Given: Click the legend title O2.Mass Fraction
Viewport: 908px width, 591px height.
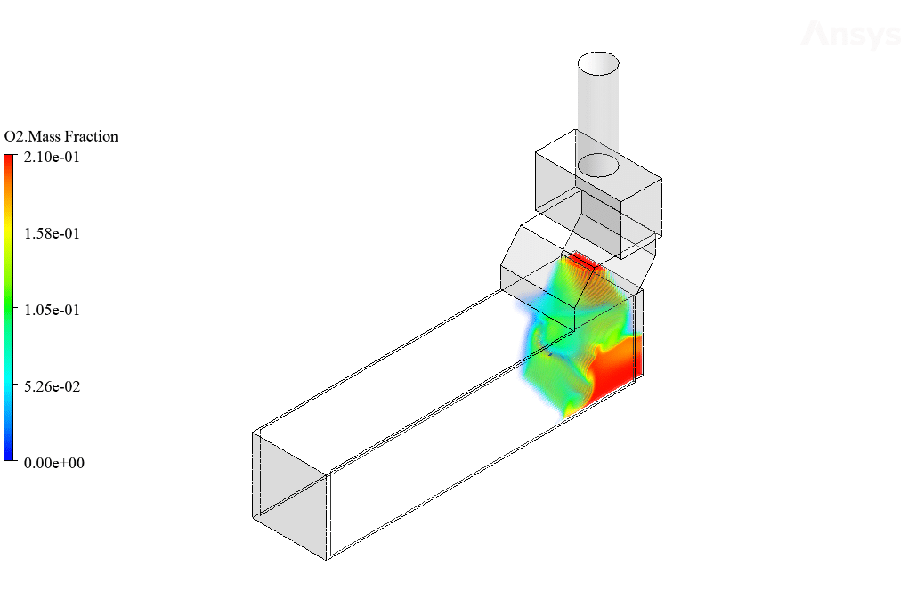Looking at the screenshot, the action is tap(61, 136).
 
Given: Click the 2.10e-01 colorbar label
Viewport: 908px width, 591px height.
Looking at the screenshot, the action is tap(52, 157).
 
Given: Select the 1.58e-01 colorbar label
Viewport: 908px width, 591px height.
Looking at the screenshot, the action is tap(52, 233).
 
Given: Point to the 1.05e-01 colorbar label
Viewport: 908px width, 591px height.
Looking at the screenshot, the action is tap(52, 310).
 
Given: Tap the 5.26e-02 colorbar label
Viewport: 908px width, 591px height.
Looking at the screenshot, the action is tap(52, 386).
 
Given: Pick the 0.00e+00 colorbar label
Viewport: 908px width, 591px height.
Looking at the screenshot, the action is tap(53, 463).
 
